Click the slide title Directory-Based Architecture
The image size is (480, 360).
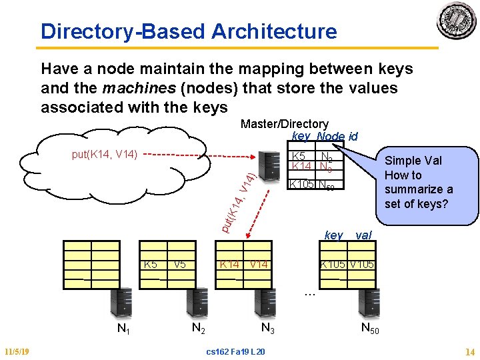[x=189, y=31]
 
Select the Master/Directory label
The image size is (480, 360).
[x=284, y=124]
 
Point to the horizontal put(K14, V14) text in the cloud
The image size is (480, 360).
[x=104, y=155]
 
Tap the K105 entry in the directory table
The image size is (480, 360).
[x=302, y=185]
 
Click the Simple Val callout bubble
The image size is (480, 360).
[x=418, y=182]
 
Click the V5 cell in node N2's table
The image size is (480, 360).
[x=179, y=264]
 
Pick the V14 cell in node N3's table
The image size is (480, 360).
[x=259, y=264]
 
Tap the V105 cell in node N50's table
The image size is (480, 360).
[x=363, y=264]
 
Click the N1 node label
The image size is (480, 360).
[x=123, y=328]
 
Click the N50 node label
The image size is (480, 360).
[x=370, y=327]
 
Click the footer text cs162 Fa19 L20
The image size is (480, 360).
[x=235, y=351]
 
